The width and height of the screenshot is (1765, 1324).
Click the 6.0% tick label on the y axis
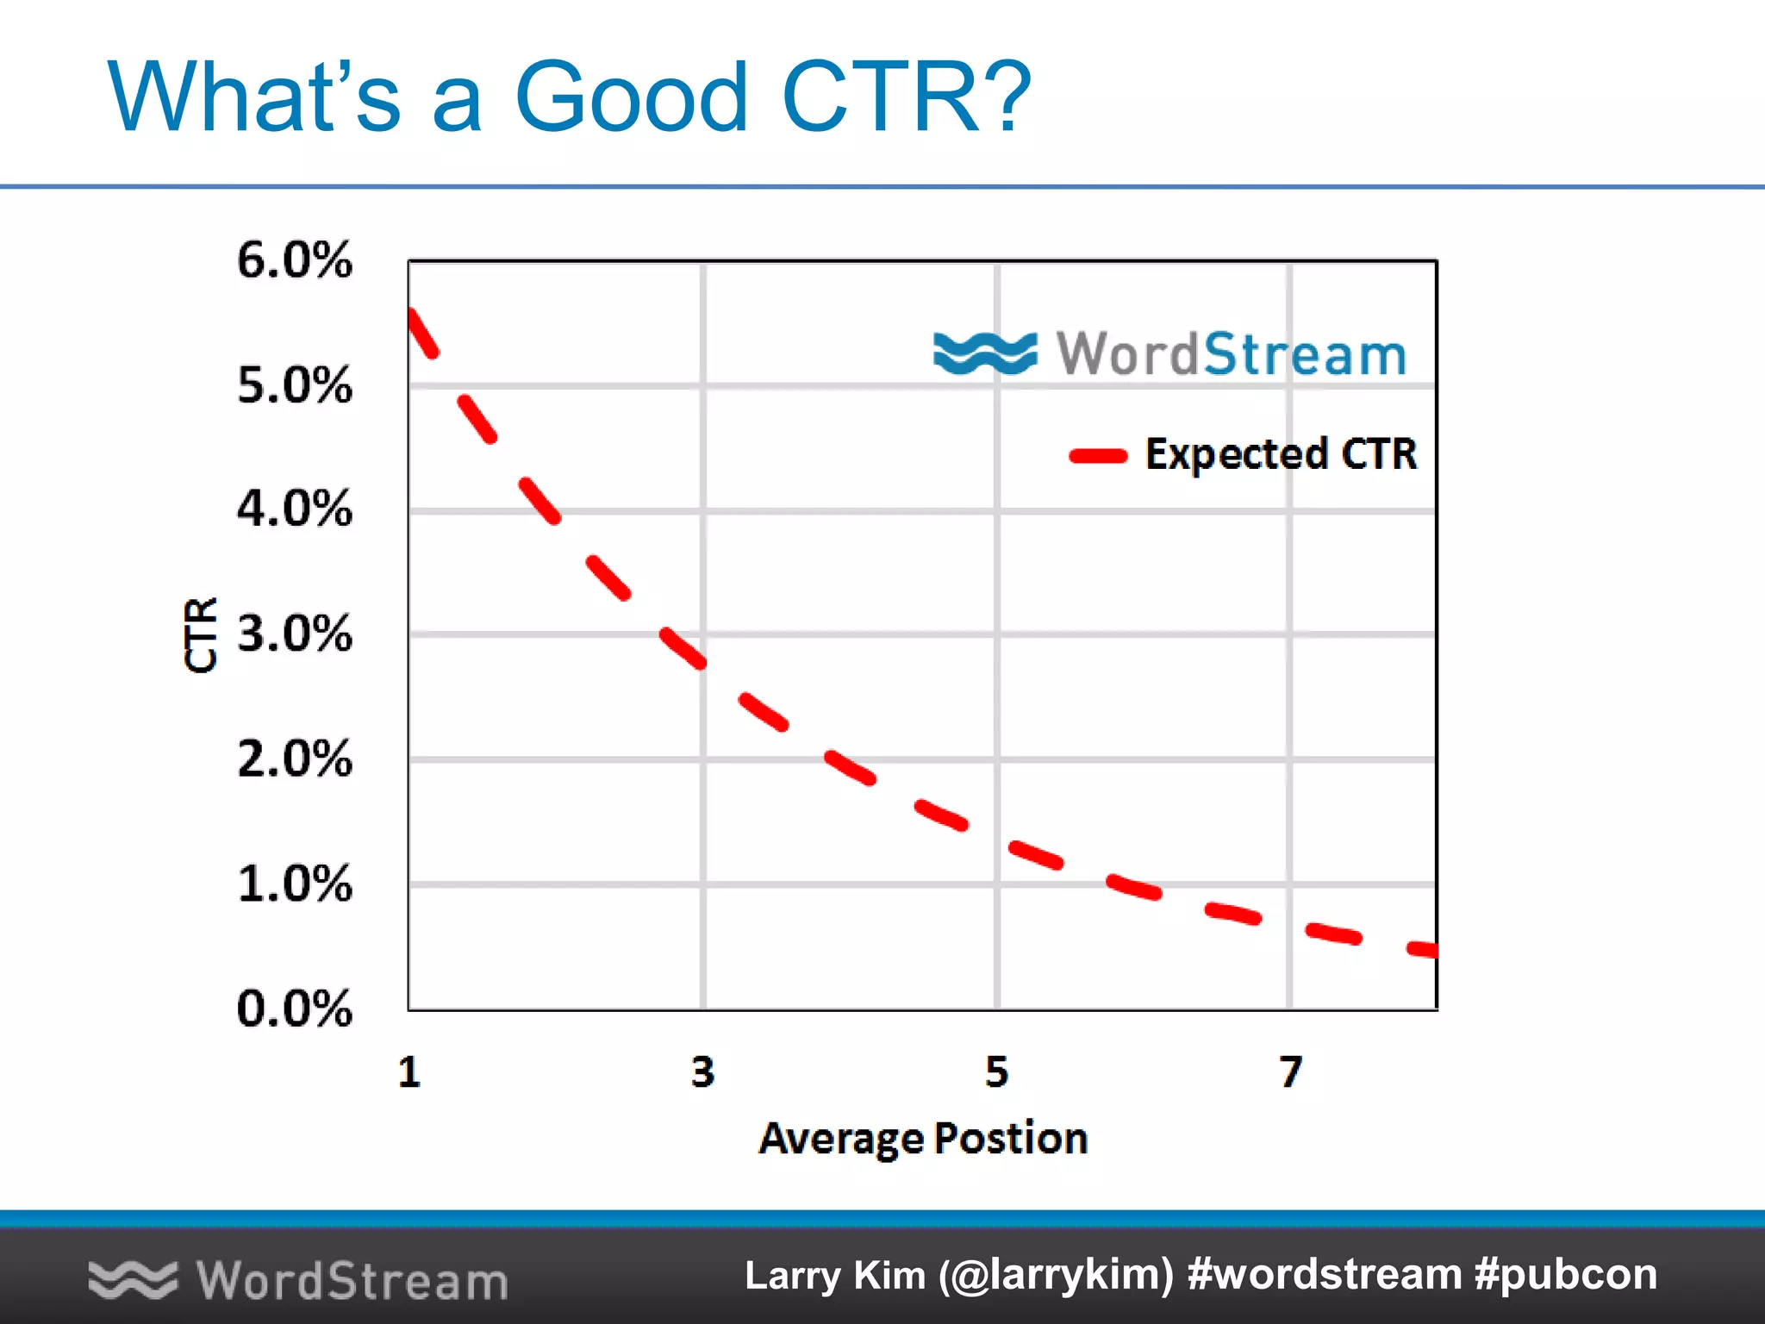294,259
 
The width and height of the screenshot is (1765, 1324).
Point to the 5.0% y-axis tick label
294,384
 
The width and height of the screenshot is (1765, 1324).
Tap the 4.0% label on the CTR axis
294,509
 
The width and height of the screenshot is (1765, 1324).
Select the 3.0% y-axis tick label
294,634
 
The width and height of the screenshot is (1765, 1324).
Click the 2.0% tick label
294,759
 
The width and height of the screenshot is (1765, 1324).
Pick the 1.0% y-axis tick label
294,884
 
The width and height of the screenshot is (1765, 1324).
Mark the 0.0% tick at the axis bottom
294,1009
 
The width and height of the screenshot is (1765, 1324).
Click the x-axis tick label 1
409,1072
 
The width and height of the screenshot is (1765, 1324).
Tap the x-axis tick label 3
703,1072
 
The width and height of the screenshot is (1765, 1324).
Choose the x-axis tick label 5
997,1072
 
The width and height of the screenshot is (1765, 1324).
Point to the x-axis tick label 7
1290,1072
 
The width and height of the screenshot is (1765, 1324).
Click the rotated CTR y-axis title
201,634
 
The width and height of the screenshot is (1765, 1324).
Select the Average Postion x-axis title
923,1139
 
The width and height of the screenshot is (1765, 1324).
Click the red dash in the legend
1098,456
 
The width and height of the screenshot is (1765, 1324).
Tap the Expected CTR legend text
1281,454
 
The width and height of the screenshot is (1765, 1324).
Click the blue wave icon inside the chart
985,353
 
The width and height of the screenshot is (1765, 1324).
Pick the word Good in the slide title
631,97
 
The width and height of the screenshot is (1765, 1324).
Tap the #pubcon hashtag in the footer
1565,1274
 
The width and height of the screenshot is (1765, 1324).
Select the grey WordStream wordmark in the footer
352,1280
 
